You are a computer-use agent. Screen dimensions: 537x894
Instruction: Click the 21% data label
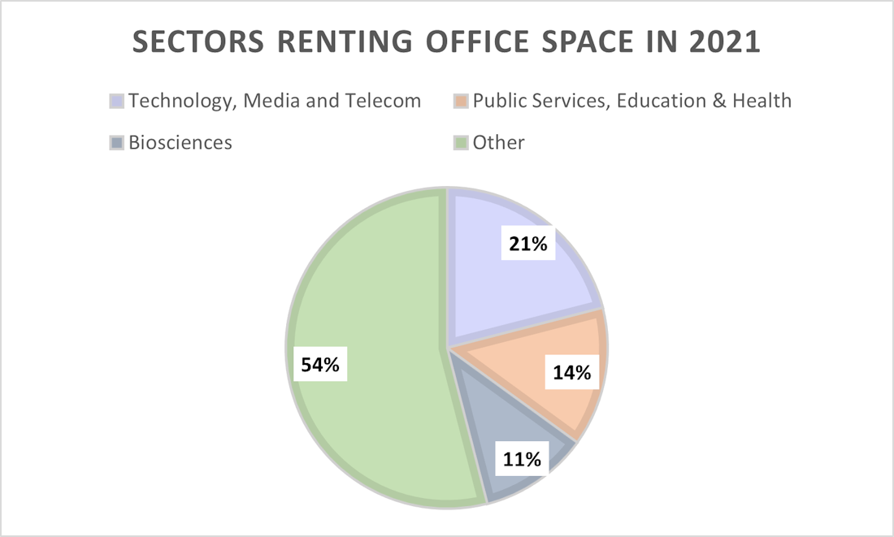pos(528,243)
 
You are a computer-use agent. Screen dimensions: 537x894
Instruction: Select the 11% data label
pos(521,459)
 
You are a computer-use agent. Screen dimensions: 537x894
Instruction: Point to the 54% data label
pos(319,365)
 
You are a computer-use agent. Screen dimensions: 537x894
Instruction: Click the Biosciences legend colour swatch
pos(117,143)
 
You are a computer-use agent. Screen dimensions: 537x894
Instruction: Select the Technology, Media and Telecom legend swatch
pos(117,102)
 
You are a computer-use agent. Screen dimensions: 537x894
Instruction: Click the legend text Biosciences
pos(180,143)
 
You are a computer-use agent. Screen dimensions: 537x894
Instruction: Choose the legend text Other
pos(498,143)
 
